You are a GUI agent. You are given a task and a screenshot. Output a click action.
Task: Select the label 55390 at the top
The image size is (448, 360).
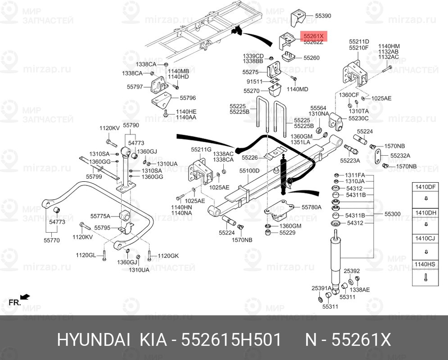(x=323, y=15)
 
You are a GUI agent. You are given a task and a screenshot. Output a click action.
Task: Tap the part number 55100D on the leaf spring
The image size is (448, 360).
(x=249, y=171)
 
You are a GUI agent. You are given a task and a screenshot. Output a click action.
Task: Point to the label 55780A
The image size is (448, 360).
(x=312, y=207)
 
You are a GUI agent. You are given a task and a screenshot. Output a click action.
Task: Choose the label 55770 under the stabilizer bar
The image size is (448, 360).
(x=52, y=241)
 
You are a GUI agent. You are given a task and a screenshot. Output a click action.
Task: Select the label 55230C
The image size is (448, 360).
(x=358, y=118)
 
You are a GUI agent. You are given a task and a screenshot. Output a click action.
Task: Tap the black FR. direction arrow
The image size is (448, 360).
(x=25, y=297)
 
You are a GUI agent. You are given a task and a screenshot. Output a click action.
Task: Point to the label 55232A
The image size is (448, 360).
(x=400, y=156)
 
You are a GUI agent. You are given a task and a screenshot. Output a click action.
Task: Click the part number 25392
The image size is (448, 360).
(x=352, y=271)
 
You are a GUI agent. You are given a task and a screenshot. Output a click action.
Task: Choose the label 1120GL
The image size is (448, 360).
(x=86, y=256)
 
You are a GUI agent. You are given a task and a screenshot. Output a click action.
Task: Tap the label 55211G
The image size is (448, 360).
(x=201, y=149)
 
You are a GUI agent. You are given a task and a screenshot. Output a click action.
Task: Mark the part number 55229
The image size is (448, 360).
(x=287, y=233)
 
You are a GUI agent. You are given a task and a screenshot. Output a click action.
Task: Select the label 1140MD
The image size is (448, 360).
(x=298, y=89)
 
